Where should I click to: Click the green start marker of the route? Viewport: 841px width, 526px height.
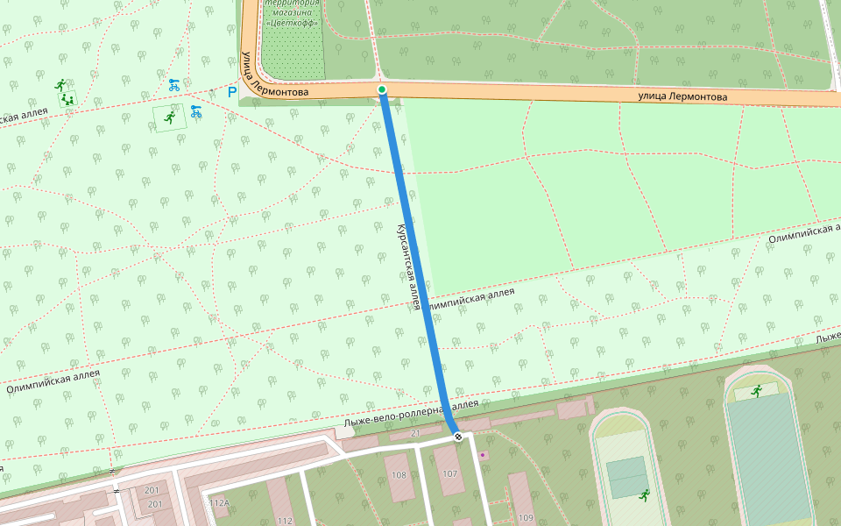(x=382, y=89)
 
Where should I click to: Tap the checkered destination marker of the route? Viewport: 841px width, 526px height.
(x=458, y=436)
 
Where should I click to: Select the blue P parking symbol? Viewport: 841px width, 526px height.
(x=232, y=92)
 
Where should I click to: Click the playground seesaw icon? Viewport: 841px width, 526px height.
(x=67, y=100)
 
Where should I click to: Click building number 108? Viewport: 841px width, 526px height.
(x=399, y=475)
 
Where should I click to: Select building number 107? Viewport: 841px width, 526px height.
(x=450, y=474)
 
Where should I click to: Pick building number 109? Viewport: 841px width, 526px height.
(x=526, y=518)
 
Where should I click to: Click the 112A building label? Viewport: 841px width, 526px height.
(x=220, y=503)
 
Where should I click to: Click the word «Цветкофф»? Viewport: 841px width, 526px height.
(x=293, y=24)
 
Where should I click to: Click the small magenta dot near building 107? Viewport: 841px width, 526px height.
(x=483, y=456)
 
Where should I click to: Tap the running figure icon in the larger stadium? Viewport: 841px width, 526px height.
(x=756, y=390)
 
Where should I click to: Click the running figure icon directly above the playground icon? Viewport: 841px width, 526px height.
(x=60, y=85)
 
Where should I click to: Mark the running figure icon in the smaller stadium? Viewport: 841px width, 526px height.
(x=645, y=495)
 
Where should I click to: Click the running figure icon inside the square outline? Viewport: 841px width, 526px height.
(x=169, y=116)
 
